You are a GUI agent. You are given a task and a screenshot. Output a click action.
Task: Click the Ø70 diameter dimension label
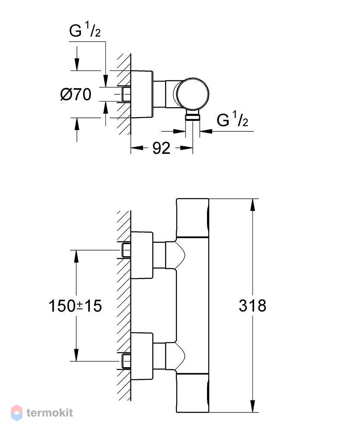click(x=76, y=95)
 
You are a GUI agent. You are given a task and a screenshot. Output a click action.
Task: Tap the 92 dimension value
click(x=161, y=148)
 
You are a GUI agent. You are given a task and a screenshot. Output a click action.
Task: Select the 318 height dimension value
click(x=252, y=305)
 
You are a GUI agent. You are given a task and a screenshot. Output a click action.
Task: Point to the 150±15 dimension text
click(x=75, y=306)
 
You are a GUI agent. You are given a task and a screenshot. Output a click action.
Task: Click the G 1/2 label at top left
click(x=85, y=30)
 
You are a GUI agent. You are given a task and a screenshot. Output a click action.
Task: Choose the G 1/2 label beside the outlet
click(x=233, y=119)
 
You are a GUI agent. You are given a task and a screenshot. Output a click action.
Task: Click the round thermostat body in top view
click(x=192, y=94)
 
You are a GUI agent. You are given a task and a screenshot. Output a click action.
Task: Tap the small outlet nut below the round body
click(x=193, y=115)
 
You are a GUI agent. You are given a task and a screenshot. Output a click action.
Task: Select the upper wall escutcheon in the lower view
click(x=142, y=255)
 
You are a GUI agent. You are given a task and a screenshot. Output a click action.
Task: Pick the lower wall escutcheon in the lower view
click(x=142, y=356)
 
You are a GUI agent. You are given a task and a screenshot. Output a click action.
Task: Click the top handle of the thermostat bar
click(x=192, y=218)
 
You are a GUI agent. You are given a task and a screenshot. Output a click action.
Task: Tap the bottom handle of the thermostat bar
click(x=192, y=393)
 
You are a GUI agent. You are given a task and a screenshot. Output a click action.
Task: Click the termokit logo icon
click(x=16, y=413)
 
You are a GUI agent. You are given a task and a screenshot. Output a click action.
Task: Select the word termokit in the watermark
click(x=50, y=413)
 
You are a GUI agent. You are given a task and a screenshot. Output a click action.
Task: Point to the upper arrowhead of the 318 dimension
click(x=252, y=205)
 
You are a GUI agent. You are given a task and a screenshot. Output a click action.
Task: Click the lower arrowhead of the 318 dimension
click(x=252, y=406)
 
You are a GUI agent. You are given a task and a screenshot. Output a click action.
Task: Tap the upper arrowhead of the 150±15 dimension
click(x=76, y=256)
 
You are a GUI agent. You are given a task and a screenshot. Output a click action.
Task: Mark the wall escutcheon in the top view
click(x=142, y=94)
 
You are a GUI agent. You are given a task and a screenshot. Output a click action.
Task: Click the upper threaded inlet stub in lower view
click(x=126, y=250)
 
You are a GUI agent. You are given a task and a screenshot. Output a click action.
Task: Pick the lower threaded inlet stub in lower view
click(x=126, y=361)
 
